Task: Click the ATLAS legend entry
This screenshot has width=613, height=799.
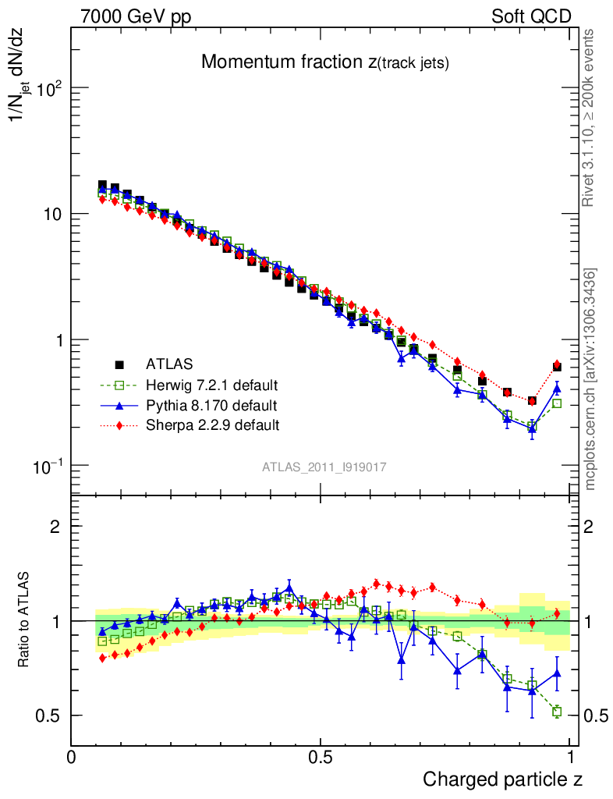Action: (168, 364)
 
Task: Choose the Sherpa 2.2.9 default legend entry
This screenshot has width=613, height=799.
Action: (212, 425)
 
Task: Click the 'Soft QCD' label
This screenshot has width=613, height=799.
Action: (531, 16)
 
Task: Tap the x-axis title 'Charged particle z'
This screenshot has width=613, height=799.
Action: (503, 779)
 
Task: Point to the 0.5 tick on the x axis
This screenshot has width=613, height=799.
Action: (320, 757)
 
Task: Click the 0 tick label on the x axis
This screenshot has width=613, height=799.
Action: (71, 757)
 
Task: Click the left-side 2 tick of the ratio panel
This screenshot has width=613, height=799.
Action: (55, 527)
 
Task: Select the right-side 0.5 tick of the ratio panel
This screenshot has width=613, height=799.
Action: (597, 716)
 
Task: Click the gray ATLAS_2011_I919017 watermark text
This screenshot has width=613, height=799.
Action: (324, 467)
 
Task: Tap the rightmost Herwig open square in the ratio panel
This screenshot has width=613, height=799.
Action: (557, 712)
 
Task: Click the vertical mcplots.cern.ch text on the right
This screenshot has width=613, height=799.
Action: (590, 379)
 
